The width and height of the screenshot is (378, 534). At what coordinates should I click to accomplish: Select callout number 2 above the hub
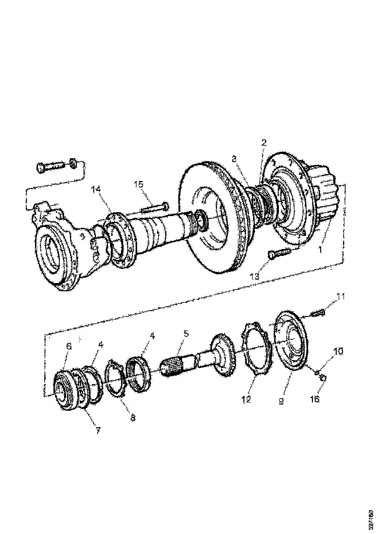(263, 143)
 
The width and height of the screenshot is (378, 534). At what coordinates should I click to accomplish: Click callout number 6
(69, 346)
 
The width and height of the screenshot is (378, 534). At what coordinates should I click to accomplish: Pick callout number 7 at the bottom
(98, 430)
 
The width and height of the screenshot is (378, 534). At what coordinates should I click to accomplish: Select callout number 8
(133, 417)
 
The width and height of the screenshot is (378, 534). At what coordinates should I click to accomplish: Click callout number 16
(315, 399)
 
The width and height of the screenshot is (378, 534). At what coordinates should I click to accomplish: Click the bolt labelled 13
(278, 253)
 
